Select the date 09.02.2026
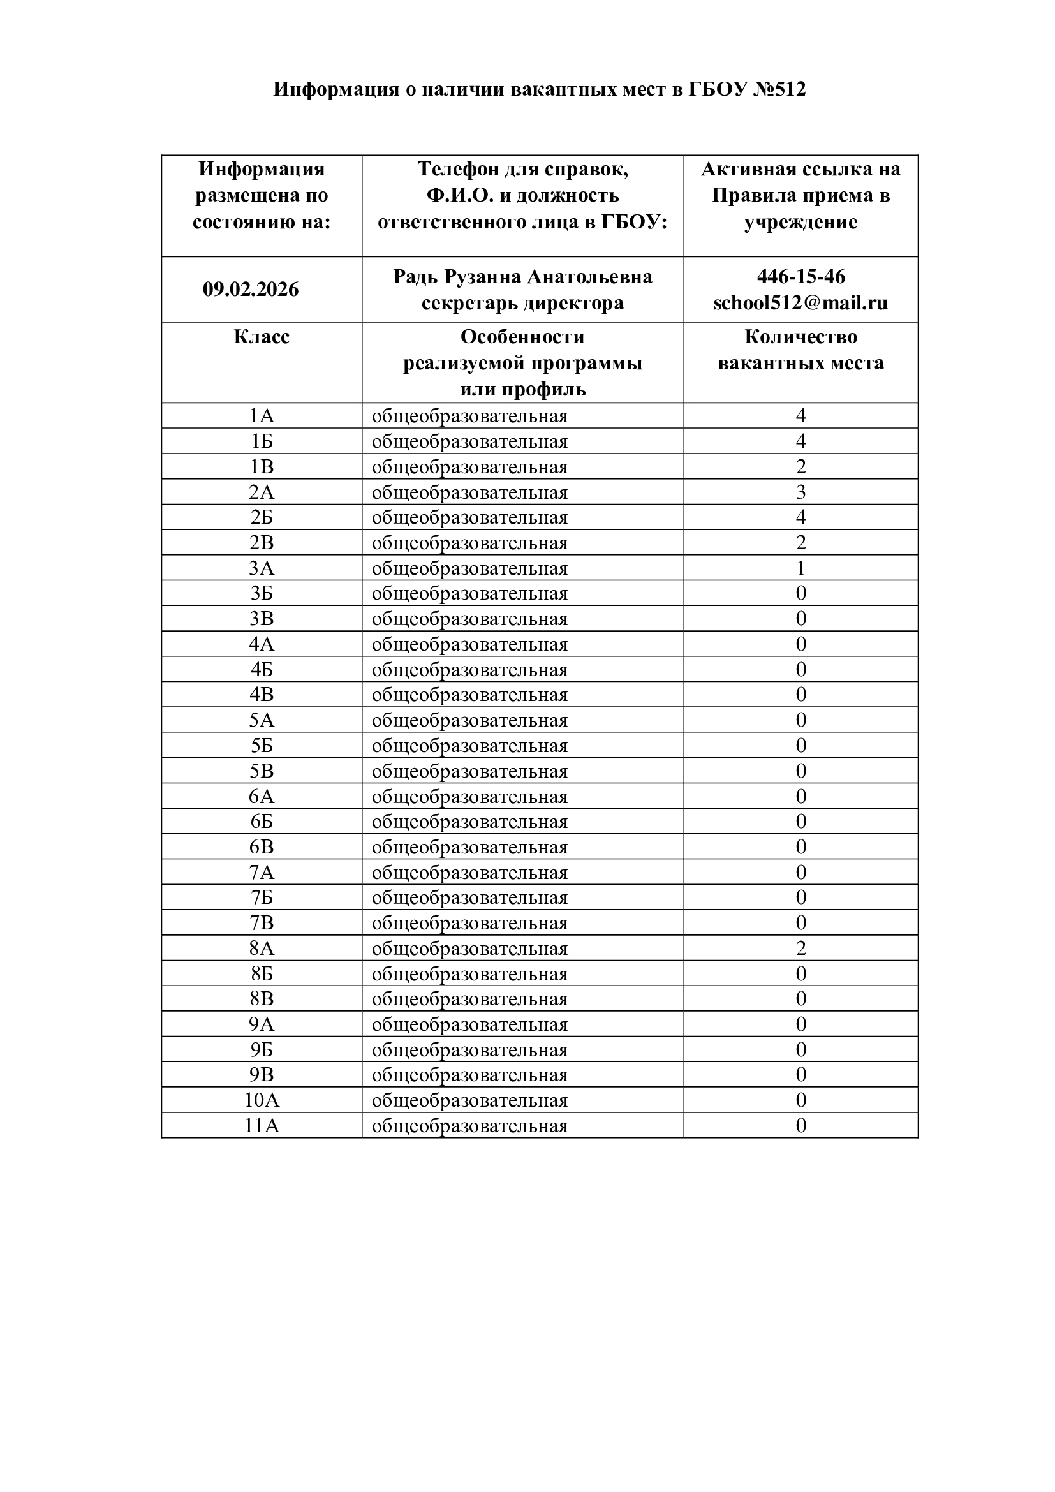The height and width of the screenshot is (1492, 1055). pos(251,289)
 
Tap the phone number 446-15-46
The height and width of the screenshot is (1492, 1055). pos(800,277)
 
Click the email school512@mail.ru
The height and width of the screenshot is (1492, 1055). pos(800,304)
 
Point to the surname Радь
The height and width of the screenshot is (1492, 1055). pos(416,277)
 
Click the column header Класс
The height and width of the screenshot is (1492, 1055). pos(261,337)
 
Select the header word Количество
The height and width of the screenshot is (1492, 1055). pos(800,337)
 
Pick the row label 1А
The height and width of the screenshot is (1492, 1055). pos(261,416)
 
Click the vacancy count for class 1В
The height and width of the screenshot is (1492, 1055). pos(800,466)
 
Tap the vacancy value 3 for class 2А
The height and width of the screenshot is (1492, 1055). pos(800,492)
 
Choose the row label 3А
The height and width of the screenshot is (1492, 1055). pos(261,568)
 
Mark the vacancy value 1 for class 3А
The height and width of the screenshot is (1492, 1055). pos(800,568)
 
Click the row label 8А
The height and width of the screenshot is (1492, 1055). pos(261,948)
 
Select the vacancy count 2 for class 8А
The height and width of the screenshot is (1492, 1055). pos(800,948)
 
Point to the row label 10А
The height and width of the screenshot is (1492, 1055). pos(261,1100)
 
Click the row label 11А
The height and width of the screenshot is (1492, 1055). pos(261,1125)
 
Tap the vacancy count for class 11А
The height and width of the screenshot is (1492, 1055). pos(800,1125)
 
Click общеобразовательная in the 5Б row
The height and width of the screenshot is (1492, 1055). pos(469,746)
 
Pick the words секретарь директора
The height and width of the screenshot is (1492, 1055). pos(522,304)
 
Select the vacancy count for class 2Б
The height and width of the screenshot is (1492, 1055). pos(800,517)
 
